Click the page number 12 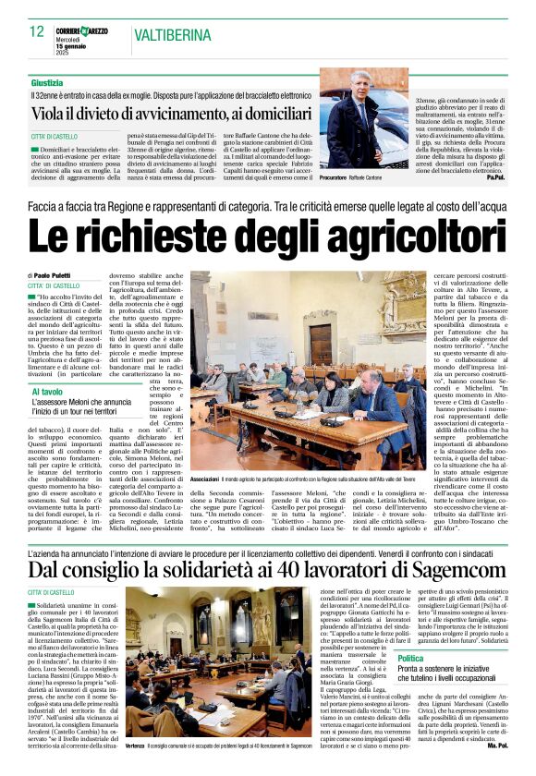tap(36, 31)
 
